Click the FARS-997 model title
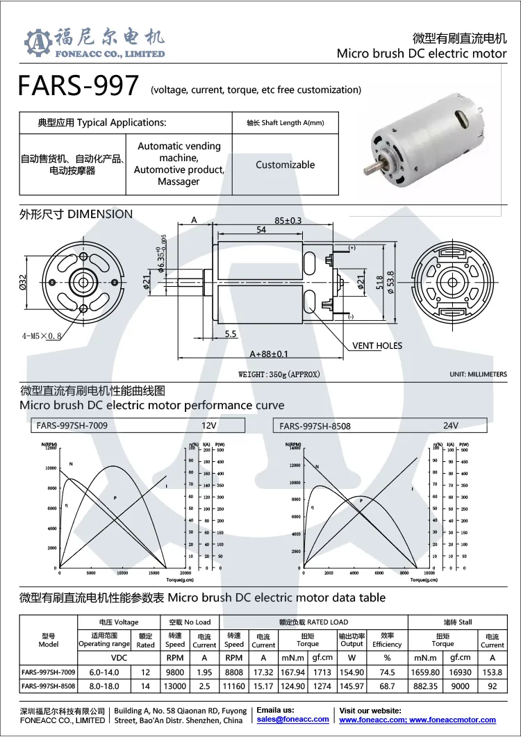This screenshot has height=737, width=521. [x=78, y=86]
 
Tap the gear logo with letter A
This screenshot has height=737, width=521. [x=38, y=43]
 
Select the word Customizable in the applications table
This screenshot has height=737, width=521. [x=285, y=165]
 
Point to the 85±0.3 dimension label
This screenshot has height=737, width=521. [x=288, y=220]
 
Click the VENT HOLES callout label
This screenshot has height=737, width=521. [x=377, y=345]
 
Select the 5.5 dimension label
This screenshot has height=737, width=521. [x=231, y=334]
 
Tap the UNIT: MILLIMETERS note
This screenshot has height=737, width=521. [x=478, y=374]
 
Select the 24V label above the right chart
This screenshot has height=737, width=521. [x=451, y=426]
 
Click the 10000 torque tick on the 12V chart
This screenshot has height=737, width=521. [x=122, y=573]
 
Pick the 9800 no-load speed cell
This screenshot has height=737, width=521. [x=175, y=672]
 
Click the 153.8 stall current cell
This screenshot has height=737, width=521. [x=492, y=672]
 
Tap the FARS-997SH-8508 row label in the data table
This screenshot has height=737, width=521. [x=48, y=686]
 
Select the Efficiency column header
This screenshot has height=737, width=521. [x=387, y=640]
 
